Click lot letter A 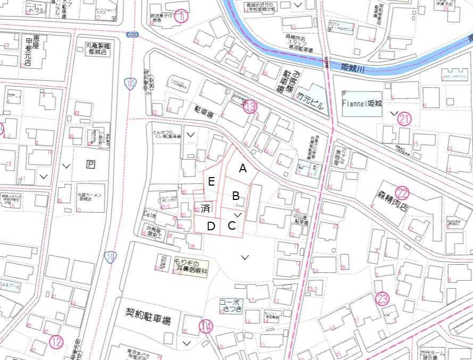point(243,169)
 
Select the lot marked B point(236,196)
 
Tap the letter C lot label point(232,225)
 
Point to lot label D point(211,226)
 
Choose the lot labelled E point(211,182)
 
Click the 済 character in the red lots point(205,207)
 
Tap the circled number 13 point(250,107)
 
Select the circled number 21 point(405,119)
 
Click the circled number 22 point(402,194)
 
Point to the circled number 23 point(382,298)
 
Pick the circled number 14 point(206,326)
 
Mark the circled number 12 point(57,342)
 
